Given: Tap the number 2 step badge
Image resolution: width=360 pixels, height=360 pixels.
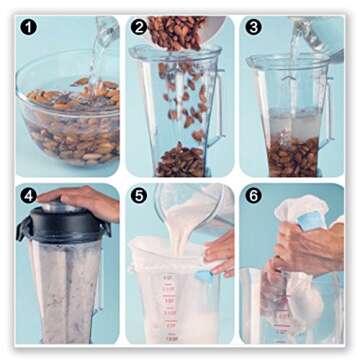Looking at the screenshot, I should click(x=139, y=27).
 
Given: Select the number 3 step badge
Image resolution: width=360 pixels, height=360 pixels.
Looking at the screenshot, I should click(x=253, y=27).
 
